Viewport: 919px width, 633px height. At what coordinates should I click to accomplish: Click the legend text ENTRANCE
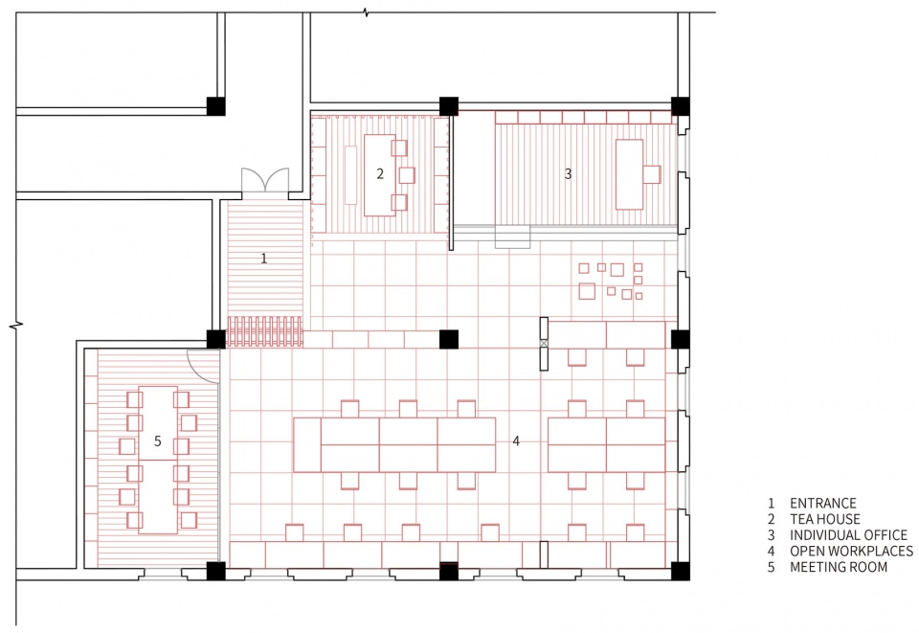823,504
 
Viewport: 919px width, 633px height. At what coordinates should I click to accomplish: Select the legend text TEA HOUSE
824,519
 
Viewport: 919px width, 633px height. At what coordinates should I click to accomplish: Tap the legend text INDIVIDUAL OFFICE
848,535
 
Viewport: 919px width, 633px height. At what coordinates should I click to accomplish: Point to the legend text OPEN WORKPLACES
851,551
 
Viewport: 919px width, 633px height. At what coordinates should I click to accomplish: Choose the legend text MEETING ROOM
839,567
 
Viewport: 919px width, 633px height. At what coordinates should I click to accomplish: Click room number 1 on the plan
264,258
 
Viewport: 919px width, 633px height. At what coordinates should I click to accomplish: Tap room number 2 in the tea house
380,173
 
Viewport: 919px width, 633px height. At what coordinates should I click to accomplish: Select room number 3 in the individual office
568,173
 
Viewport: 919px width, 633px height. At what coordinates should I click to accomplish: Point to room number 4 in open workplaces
516,441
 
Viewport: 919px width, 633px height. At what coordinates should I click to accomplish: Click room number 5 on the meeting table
158,441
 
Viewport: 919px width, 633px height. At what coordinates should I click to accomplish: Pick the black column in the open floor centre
449,339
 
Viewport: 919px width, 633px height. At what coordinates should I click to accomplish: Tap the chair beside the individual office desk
652,174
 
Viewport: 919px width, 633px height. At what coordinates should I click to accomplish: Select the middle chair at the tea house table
407,175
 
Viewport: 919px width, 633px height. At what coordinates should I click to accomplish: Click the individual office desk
630,174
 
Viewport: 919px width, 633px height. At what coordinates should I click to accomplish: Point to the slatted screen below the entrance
264,331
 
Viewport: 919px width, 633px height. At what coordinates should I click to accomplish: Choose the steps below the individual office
513,237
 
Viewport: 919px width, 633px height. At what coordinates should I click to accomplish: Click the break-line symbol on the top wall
366,12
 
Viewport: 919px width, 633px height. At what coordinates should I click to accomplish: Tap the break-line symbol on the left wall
16,324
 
